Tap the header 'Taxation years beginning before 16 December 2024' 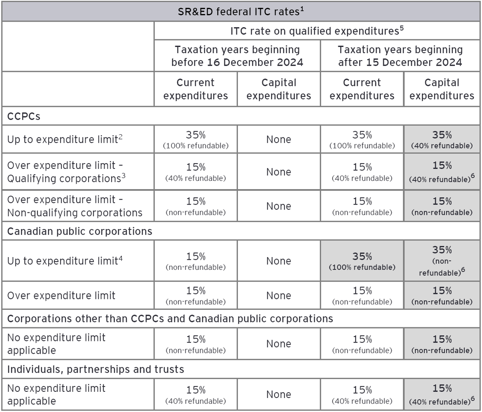237,56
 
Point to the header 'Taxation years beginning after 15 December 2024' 400,56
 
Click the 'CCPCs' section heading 24,116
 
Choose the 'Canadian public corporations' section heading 80,231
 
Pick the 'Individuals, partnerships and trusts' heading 96,369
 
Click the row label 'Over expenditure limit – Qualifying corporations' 66,172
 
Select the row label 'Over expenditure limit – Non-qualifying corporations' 74,206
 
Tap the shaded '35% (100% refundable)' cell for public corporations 362,261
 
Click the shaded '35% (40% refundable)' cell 442,140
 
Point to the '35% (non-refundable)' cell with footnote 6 442,261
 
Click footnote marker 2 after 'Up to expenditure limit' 120,136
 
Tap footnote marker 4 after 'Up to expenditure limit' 120,258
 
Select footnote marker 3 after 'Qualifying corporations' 124,176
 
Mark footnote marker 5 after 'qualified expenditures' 402,28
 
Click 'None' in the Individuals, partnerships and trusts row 279,394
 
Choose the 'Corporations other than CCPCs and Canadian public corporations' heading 170,319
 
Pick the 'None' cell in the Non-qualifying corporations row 279,206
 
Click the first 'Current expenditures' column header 195,89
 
